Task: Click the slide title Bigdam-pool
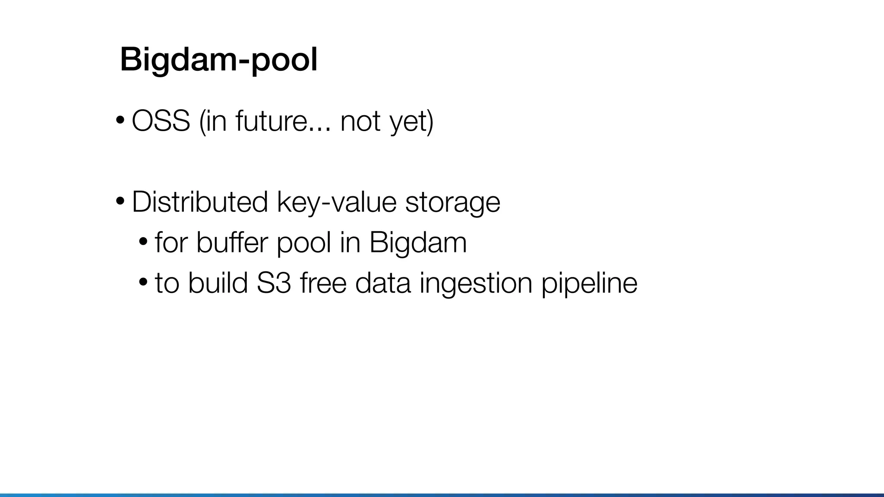(218, 60)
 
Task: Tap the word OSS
(161, 121)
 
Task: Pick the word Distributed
(199, 201)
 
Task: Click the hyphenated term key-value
(336, 201)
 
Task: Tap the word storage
(452, 201)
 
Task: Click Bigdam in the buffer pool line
(418, 242)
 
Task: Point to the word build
(218, 283)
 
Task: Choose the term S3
(273, 283)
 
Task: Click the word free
(323, 283)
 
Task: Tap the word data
(382, 283)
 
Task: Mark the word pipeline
(589, 283)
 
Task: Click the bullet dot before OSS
(120, 120)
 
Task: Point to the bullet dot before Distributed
(120, 200)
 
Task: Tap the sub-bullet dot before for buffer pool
(143, 241)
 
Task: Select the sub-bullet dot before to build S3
(143, 281)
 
